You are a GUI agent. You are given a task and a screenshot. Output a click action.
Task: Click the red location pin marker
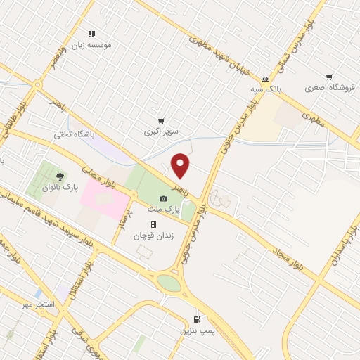(181, 166)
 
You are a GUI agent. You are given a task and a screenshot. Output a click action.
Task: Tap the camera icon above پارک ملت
(163, 199)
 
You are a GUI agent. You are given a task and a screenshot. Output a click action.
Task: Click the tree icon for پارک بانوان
(59, 176)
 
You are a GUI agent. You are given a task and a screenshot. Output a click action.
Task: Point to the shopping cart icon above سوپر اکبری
(161, 121)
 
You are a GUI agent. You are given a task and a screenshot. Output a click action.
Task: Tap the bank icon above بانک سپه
(265, 79)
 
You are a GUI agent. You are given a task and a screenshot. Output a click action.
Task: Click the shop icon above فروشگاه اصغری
(328, 77)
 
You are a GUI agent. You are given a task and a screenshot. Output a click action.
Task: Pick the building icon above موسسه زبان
(91, 33)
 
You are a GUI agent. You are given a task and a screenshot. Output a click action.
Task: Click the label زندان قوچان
(153, 236)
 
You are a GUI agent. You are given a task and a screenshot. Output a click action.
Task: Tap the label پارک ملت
(163, 210)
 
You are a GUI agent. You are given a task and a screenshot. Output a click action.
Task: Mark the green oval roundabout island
(169, 282)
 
